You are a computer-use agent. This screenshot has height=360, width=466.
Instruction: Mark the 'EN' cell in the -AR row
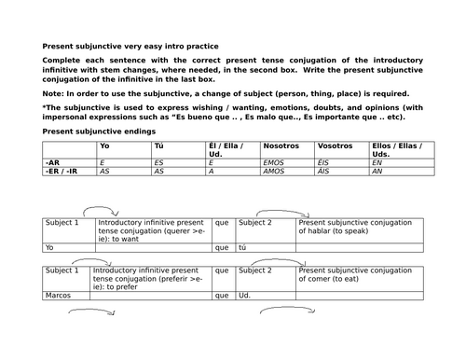click(377, 161)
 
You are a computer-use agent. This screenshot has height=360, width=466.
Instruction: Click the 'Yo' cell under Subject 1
click(50, 248)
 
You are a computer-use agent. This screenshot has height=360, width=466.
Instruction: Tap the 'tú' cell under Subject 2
click(244, 248)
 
